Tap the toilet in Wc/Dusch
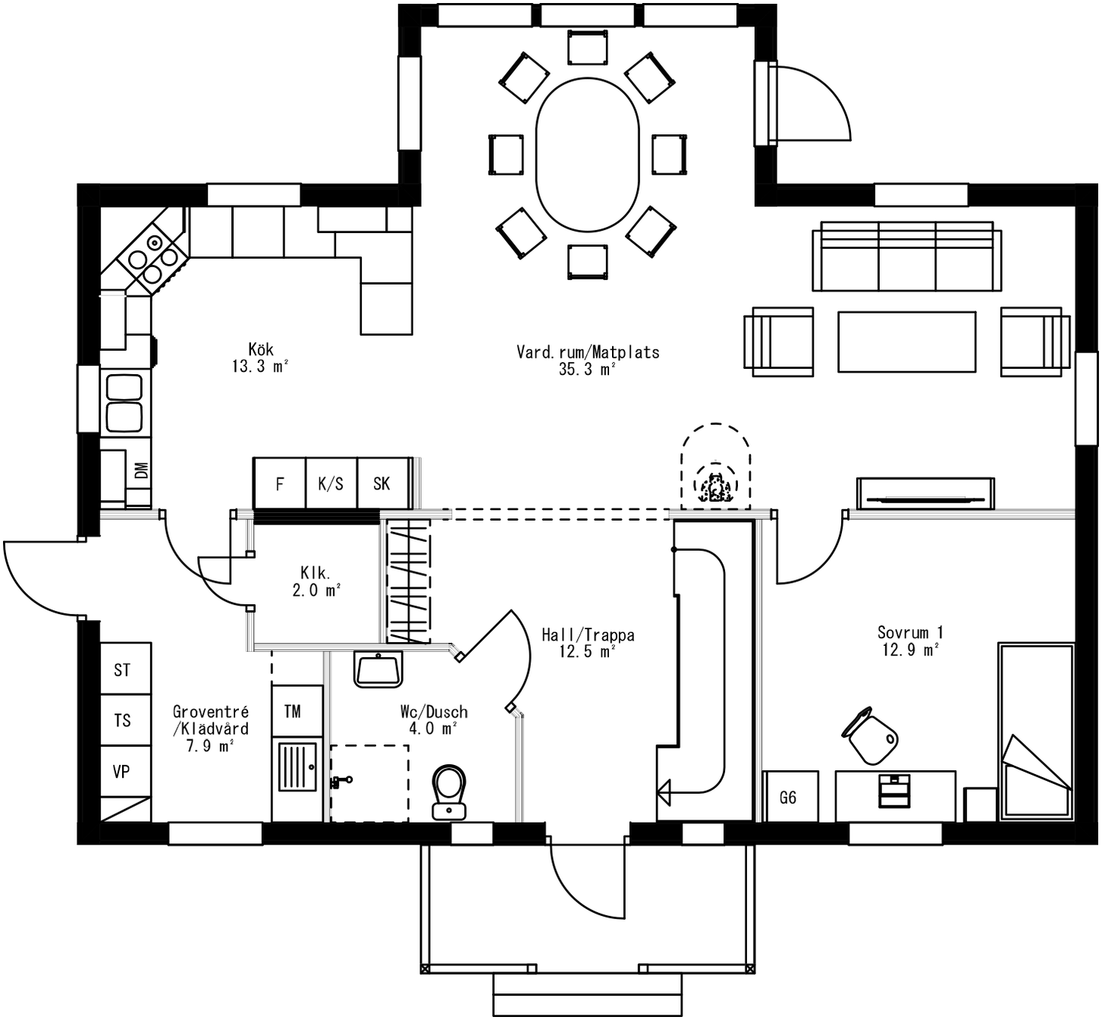pyautogui.click(x=449, y=789)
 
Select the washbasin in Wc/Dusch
pyautogui.click(x=378, y=669)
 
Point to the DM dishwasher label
pyautogui.click(x=141, y=471)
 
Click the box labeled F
pyautogui.click(x=279, y=483)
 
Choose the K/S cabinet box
pyautogui.click(x=331, y=483)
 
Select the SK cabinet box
pyautogui.click(x=382, y=483)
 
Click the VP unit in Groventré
pyautogui.click(x=122, y=772)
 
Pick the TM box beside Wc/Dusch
pyautogui.click(x=293, y=711)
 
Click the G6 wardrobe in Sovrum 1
pyautogui.click(x=789, y=797)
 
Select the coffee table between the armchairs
pyautogui.click(x=906, y=342)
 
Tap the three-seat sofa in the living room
pyautogui.click(x=906, y=257)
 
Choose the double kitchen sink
pyautogui.click(x=124, y=403)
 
